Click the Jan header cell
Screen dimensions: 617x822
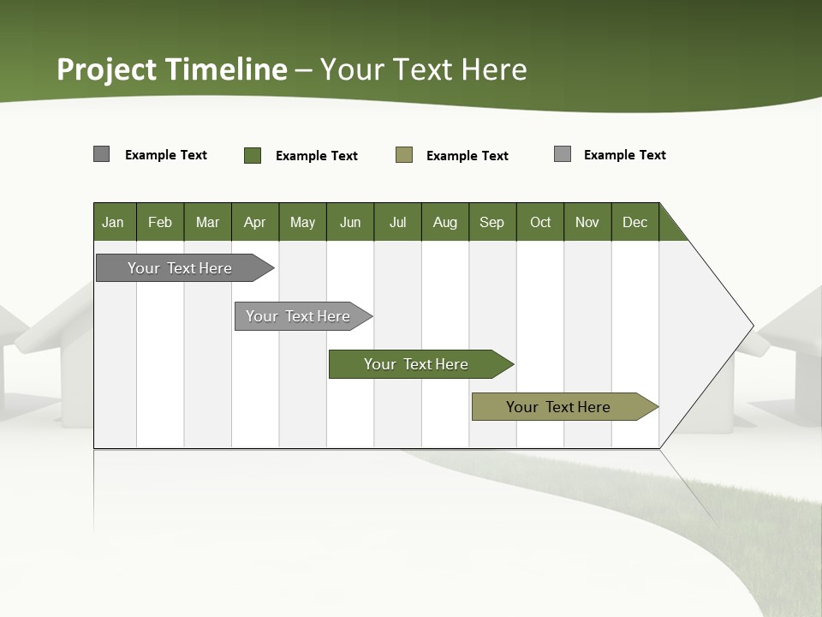[114, 222]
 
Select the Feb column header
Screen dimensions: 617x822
[160, 222]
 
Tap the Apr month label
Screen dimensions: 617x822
[255, 222]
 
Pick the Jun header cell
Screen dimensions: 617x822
[350, 222]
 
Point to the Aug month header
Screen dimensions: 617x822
[445, 222]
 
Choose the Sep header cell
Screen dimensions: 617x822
[492, 222]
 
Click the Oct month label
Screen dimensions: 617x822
[540, 222]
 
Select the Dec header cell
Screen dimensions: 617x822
[635, 222]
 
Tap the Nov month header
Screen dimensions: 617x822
[587, 222]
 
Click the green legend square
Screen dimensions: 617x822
[253, 155]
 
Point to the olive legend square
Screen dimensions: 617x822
[404, 155]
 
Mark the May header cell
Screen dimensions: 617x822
[302, 222]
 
